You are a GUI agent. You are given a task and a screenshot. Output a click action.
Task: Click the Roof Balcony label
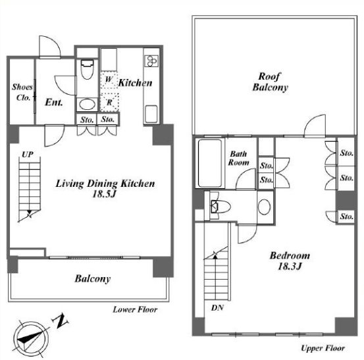270,82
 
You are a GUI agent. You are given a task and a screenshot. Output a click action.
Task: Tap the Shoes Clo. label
22,92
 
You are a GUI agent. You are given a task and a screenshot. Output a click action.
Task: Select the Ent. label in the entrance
54,102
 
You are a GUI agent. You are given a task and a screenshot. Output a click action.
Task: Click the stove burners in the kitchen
151,61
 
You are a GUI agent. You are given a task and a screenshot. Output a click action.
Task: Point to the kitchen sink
151,114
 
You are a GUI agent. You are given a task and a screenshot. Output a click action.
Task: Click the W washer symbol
109,80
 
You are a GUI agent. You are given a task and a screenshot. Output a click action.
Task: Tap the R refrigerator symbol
109,102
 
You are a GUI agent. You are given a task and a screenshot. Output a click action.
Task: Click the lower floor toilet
87,69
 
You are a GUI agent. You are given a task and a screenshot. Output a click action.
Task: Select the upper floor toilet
220,206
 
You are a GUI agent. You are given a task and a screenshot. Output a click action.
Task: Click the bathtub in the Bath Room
209,163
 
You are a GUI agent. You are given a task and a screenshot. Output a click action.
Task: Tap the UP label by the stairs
28,155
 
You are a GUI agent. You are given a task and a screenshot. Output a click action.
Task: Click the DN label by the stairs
217,308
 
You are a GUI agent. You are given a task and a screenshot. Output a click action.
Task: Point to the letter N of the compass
61,321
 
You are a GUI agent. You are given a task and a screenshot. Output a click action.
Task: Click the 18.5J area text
104,194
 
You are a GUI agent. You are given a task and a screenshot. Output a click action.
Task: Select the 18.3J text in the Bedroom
290,267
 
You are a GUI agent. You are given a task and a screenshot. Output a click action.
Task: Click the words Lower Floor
135,309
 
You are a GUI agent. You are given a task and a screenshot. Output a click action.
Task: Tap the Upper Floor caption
323,348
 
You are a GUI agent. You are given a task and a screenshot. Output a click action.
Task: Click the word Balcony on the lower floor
93,278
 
